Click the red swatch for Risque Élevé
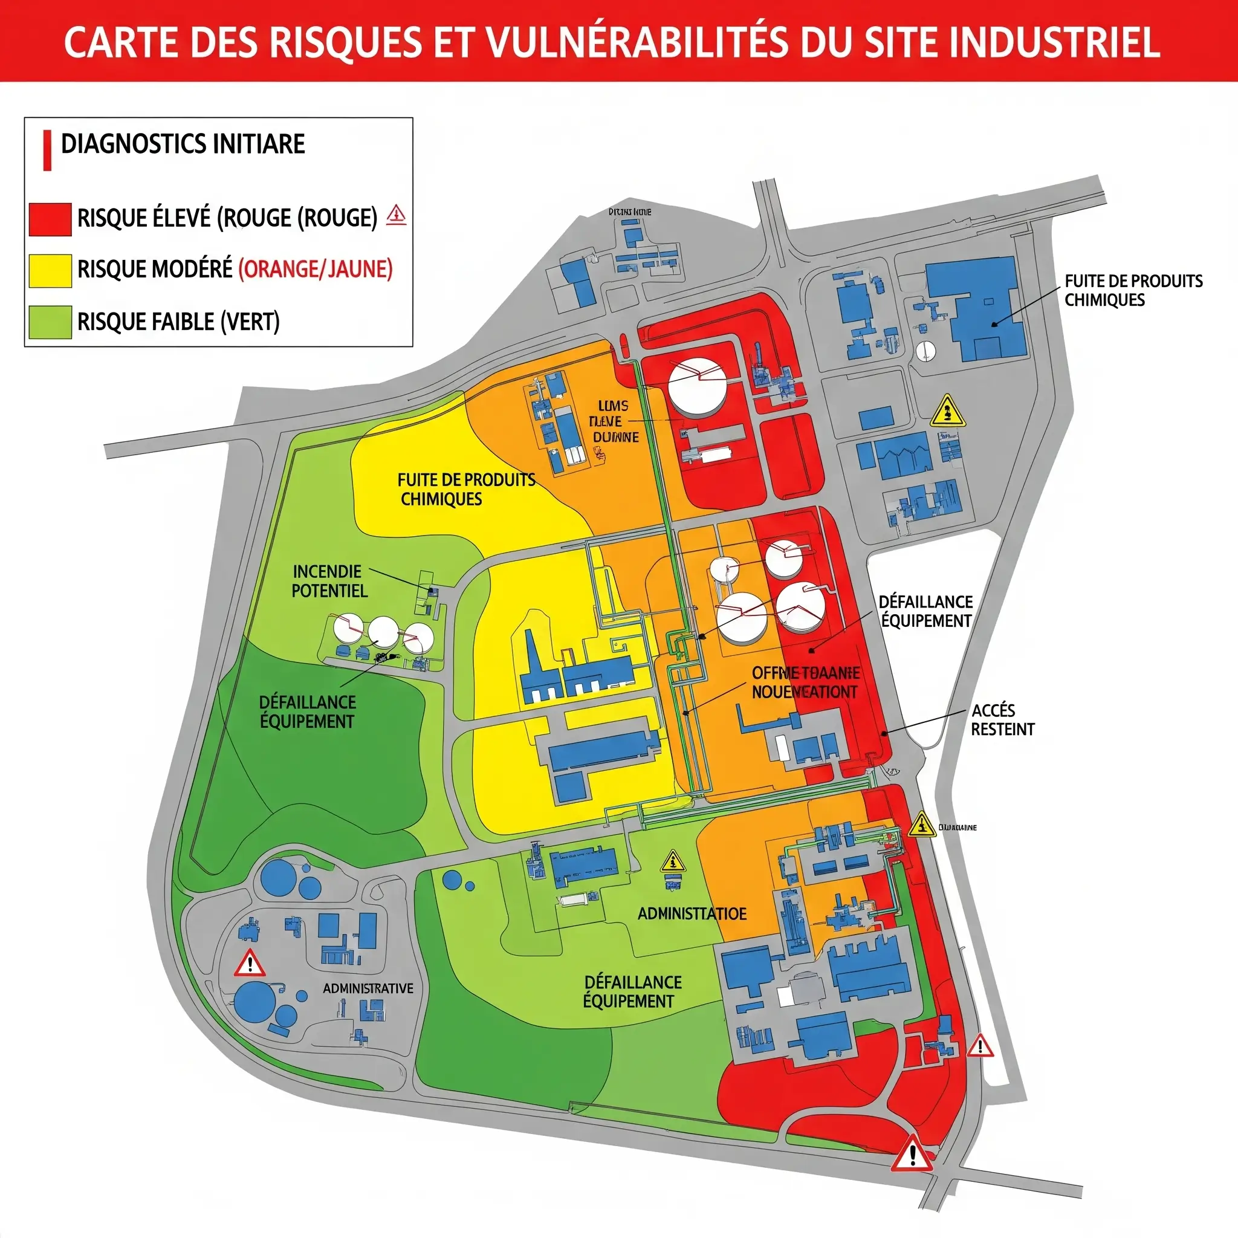pos(50,219)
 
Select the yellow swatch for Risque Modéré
pos(50,270)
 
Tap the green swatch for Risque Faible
pos(50,322)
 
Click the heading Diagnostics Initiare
pos(183,144)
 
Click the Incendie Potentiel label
pos(329,580)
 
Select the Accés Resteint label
pos(1002,719)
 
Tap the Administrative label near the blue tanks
pos(368,988)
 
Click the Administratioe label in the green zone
pos(692,914)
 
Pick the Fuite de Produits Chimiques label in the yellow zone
pos(466,489)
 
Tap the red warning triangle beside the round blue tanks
pos(250,963)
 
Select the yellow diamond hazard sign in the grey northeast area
pos(947,412)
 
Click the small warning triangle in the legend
pos(397,214)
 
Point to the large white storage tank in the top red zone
pos(697,386)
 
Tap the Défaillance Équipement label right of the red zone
pos(925,611)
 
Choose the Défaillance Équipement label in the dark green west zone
pos(307,711)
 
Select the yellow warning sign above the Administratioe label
pos(672,861)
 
